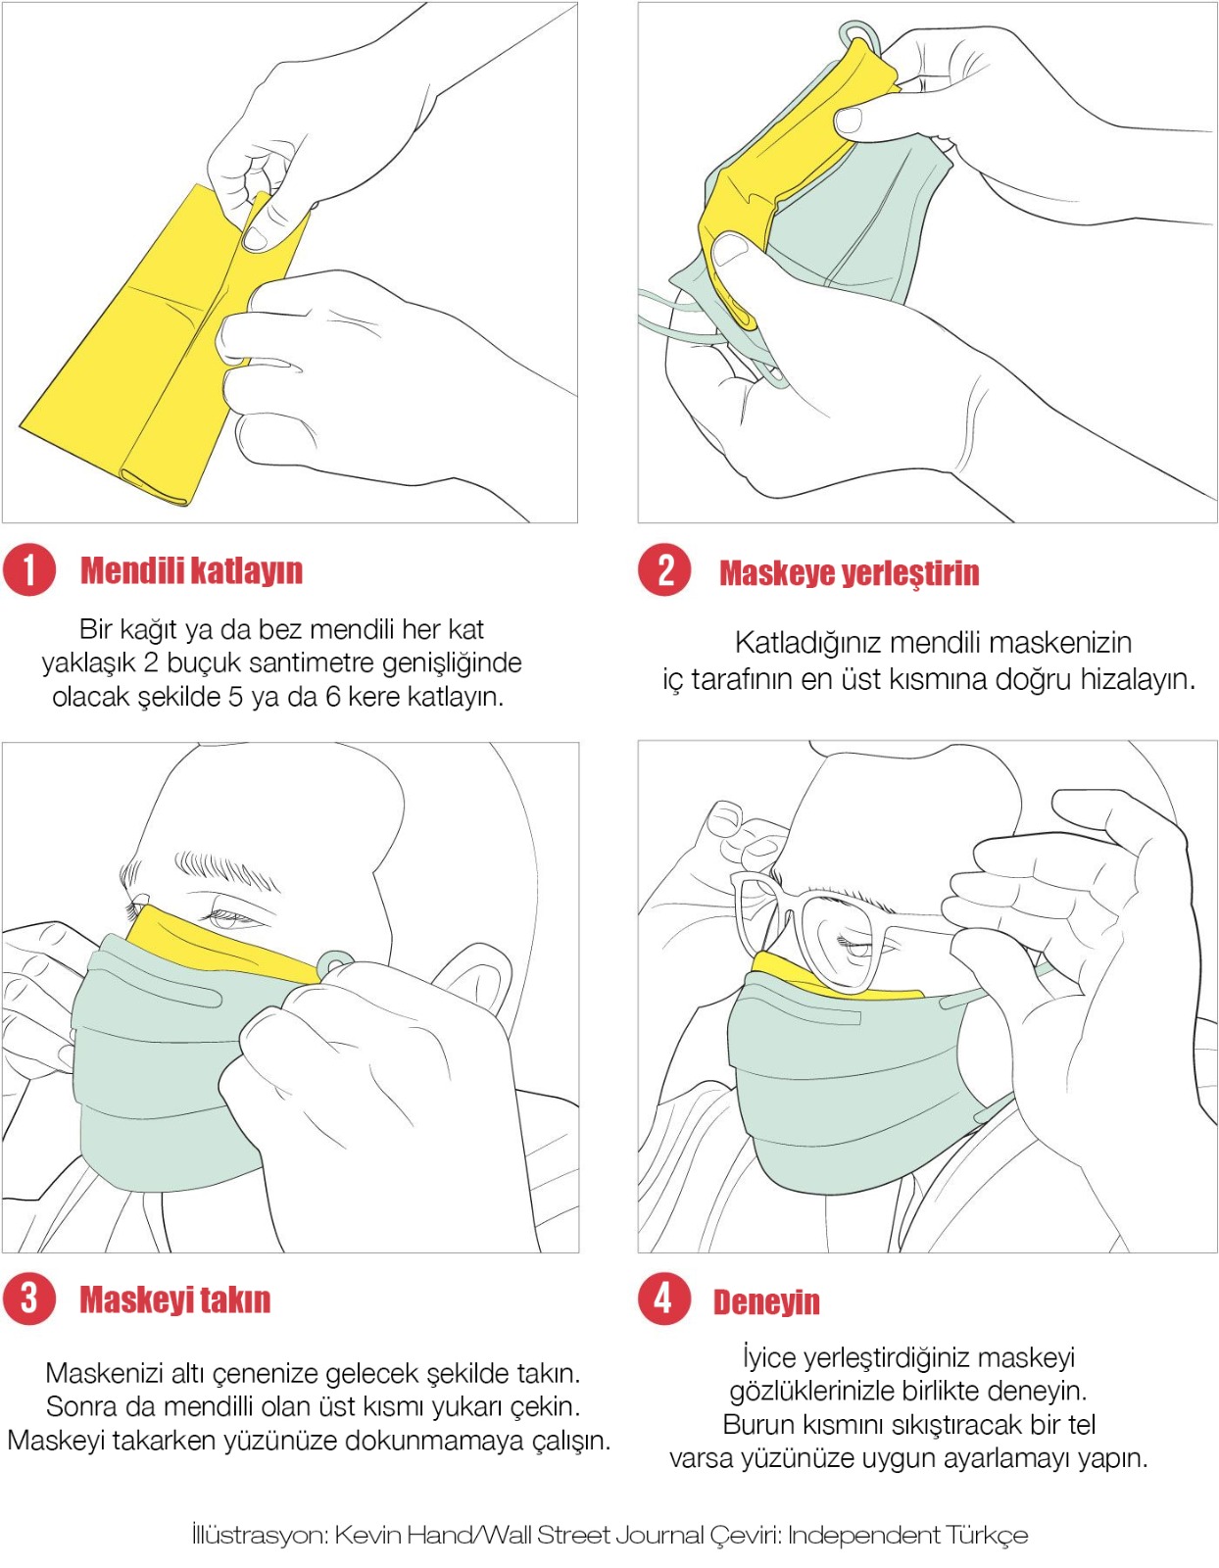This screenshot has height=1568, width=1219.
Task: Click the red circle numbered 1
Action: (x=28, y=570)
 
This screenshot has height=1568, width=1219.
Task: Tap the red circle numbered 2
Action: (x=664, y=570)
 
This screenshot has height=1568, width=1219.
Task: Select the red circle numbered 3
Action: (x=28, y=1298)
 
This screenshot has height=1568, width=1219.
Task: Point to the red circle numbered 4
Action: (x=664, y=1298)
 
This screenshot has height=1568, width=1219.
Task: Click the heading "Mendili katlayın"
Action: (x=191, y=570)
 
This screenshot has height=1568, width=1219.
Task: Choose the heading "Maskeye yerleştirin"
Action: (x=849, y=573)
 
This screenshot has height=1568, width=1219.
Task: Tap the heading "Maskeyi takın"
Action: (x=175, y=1299)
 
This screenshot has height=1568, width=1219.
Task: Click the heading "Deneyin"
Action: (x=766, y=1302)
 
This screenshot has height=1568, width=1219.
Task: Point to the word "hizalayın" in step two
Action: (x=1139, y=680)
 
